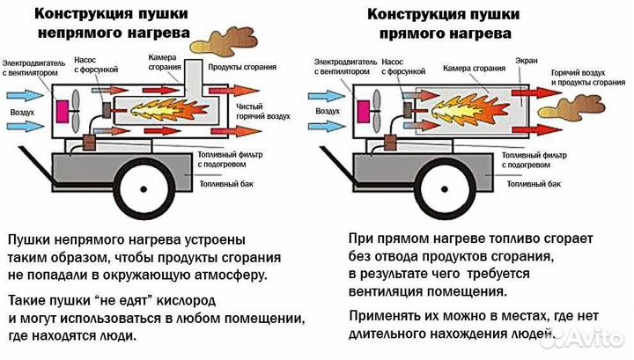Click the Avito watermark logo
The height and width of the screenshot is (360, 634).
590,338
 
